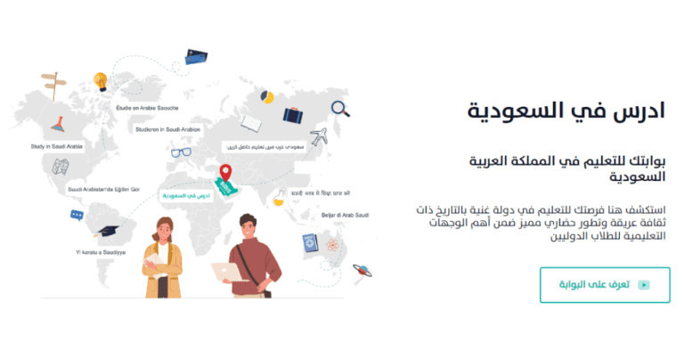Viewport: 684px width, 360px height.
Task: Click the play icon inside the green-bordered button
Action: pos(643,285)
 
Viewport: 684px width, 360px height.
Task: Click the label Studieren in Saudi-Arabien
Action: pos(168,128)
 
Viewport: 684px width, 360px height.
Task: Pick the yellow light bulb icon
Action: pos(101,81)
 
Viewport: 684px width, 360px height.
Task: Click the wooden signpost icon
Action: pos(53,81)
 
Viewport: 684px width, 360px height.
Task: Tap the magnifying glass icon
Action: pos(339,109)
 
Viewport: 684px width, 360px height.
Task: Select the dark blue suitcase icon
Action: pos(295,114)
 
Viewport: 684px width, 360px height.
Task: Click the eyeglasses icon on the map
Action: pos(182,151)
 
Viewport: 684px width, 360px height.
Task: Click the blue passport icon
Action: pos(310,241)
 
